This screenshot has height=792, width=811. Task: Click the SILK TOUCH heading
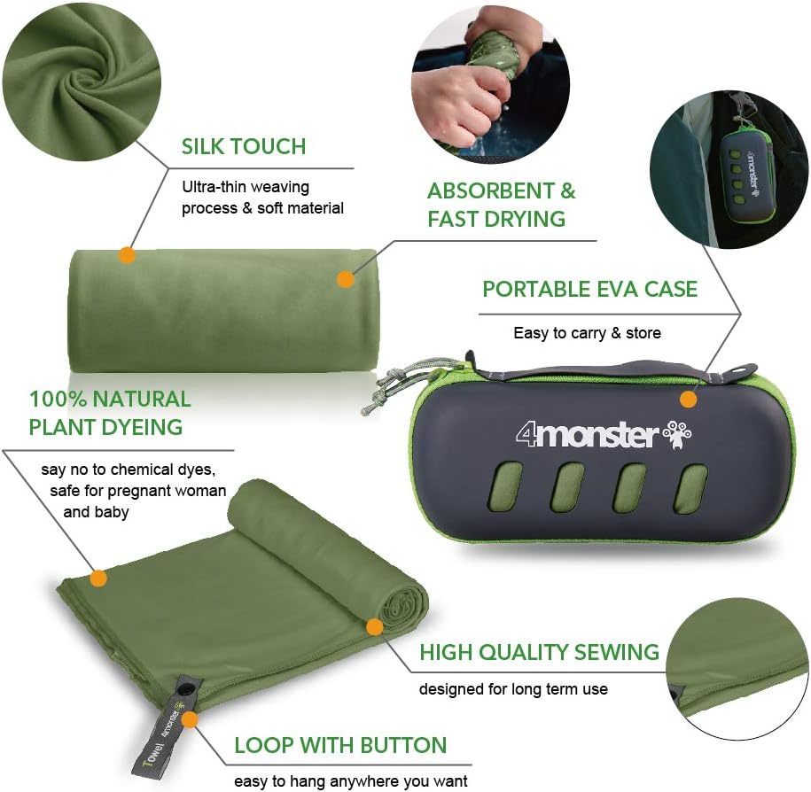click(244, 146)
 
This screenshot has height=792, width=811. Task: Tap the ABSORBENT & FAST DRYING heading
click(501, 205)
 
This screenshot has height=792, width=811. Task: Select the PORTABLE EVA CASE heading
click(590, 289)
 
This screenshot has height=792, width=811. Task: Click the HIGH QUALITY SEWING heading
click(540, 652)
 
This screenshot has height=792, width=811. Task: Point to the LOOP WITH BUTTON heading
click(340, 745)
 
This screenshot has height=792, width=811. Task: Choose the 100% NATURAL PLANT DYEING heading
click(110, 413)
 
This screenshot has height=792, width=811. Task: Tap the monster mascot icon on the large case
click(677, 433)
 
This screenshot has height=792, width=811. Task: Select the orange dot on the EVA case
click(688, 400)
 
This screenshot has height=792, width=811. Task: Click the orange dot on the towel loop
click(190, 719)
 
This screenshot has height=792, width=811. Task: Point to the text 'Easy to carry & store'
click(587, 333)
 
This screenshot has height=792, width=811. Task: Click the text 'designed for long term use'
click(513, 689)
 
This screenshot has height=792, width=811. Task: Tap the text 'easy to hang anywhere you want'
click(351, 780)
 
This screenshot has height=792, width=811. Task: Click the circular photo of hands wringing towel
click(490, 82)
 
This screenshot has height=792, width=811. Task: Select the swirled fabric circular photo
click(82, 82)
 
